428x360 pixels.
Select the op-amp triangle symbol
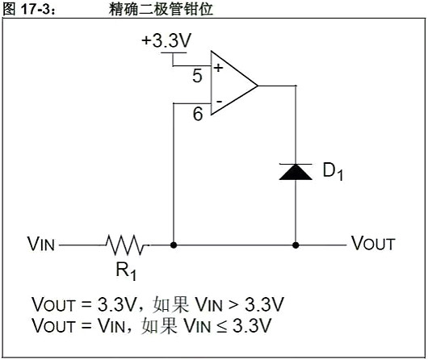point(231,84)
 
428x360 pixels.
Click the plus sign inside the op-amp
point(217,68)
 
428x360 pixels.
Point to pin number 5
point(198,77)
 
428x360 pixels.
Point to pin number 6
point(198,115)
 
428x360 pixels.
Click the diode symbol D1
point(296,170)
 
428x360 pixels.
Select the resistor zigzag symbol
point(125,244)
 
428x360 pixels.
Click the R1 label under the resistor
point(123,267)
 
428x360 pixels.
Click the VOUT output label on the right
point(373,244)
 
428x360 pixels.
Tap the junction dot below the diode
point(296,244)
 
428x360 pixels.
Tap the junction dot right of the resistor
point(174,244)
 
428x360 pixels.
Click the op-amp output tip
point(257,84)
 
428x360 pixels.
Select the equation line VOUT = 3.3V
point(157,305)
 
